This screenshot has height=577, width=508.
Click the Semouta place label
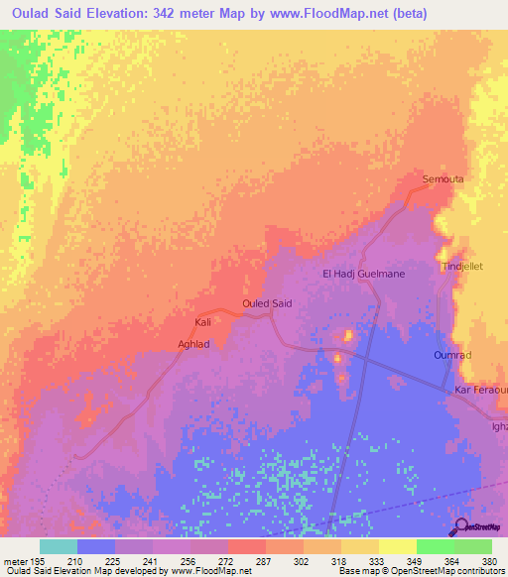click(x=444, y=179)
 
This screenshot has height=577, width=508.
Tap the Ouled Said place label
click(x=267, y=303)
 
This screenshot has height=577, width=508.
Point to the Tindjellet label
click(x=459, y=267)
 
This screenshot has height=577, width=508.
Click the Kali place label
click(x=202, y=323)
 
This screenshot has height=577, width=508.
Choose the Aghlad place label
click(x=193, y=344)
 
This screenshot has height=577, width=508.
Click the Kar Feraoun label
click(x=480, y=392)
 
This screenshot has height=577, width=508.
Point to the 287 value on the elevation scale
click(x=265, y=561)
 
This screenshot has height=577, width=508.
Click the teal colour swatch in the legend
click(x=58, y=546)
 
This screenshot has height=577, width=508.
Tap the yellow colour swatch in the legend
click(x=397, y=546)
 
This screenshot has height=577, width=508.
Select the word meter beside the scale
click(x=15, y=561)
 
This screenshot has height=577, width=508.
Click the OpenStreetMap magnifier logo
click(x=460, y=525)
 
